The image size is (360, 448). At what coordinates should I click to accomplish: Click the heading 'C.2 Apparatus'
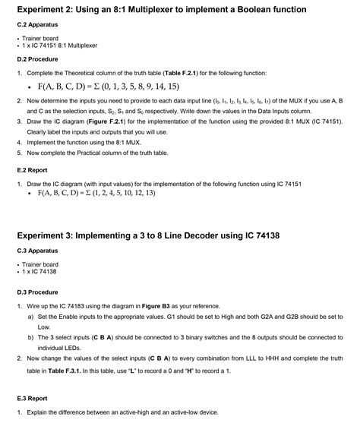37,24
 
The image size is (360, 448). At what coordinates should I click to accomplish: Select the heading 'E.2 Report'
33,171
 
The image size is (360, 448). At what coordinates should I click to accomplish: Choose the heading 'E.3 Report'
33,398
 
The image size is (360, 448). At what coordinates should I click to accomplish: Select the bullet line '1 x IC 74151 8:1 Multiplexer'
60,46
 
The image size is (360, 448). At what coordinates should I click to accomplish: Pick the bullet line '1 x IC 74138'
40,271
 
